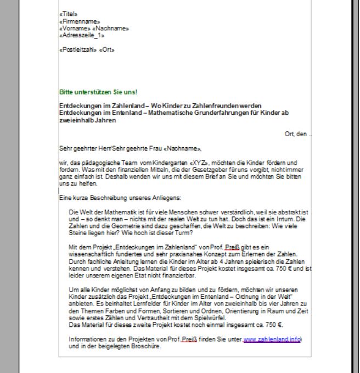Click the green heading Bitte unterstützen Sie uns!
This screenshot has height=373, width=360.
click(x=91, y=92)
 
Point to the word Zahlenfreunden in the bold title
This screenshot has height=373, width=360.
click(x=211, y=104)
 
